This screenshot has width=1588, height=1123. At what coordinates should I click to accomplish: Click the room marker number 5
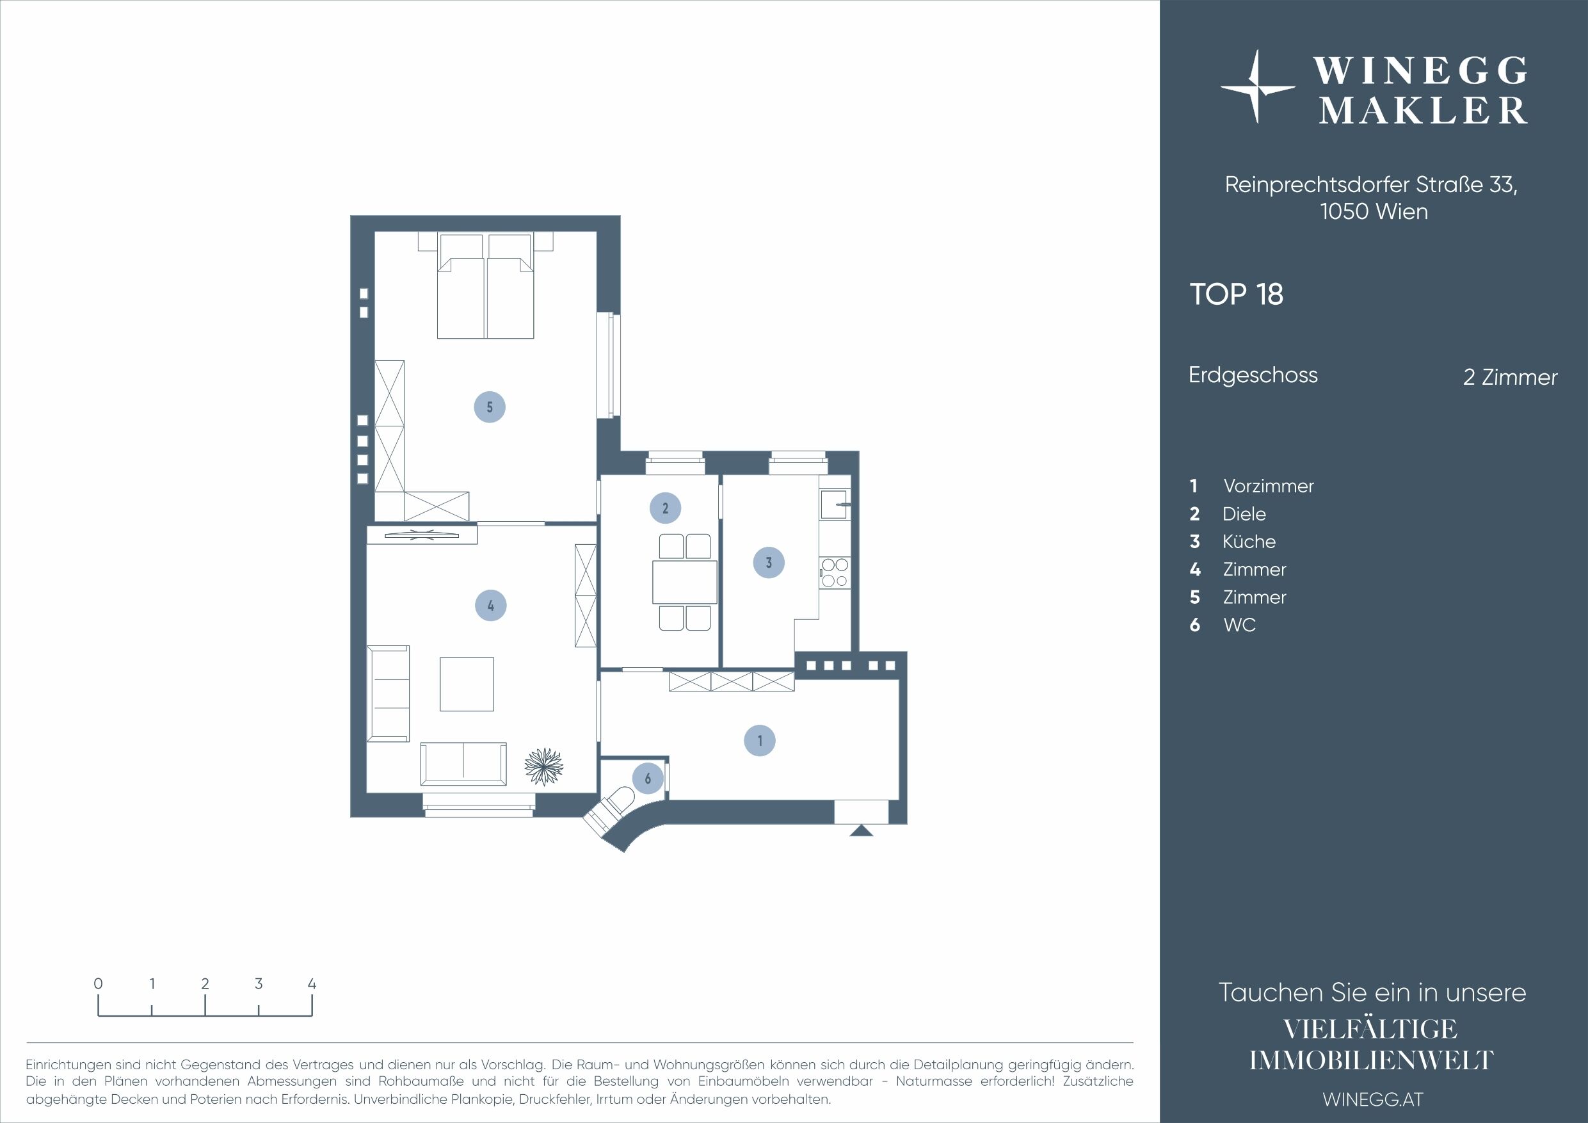[489, 407]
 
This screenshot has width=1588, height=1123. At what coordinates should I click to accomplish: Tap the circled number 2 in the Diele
[664, 508]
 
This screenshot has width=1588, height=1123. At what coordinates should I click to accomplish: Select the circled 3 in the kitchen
[769, 563]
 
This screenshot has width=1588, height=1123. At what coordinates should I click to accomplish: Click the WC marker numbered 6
[647, 779]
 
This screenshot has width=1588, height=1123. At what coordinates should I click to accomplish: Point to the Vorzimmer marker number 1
[759, 740]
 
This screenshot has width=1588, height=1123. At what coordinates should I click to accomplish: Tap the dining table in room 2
[684, 582]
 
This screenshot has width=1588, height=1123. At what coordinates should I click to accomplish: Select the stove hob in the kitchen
[835, 573]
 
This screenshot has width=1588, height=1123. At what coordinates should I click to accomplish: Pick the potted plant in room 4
[544, 766]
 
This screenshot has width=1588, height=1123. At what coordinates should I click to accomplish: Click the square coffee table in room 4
[467, 684]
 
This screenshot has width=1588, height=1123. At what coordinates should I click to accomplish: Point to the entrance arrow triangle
[861, 831]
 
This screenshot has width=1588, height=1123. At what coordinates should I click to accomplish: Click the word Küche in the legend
[1248, 542]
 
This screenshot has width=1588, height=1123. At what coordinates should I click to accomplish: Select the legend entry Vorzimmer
[1268, 487]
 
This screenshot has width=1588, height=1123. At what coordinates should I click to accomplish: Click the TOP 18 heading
[1236, 295]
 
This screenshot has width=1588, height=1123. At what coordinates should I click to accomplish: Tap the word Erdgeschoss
[1253, 375]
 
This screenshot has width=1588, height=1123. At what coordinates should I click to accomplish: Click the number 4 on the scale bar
[312, 983]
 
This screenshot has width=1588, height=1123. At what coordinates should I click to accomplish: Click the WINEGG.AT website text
[1372, 1099]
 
